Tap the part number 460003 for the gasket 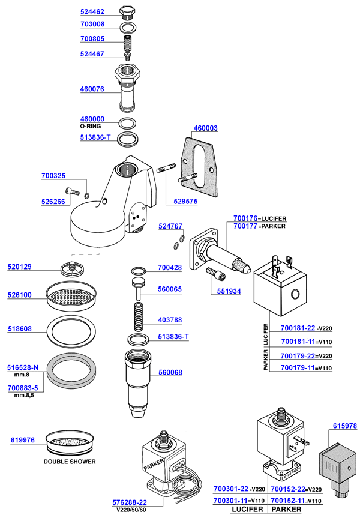[205, 128]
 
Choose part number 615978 [344, 426]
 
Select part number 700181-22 [298, 328]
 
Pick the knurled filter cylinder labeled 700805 [127, 43]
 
